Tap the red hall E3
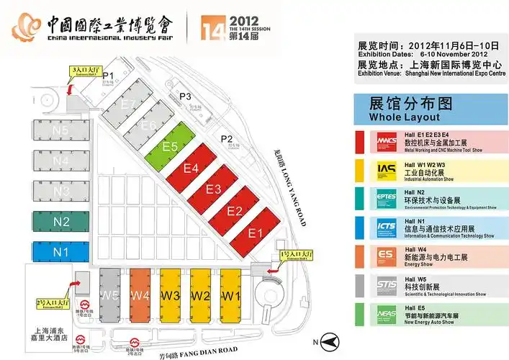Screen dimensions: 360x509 click(214, 189)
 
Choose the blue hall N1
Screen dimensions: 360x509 click(60, 252)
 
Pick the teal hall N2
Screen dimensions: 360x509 click(60, 222)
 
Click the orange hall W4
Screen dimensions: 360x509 click(140, 295)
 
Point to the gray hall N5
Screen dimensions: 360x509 click(60, 130)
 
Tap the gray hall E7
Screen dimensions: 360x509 click(129, 104)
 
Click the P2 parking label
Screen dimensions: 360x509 click(228, 139)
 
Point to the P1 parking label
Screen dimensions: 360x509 click(109, 75)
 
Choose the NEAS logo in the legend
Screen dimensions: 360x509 click(386, 315)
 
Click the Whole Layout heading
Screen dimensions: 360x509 click(404, 117)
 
